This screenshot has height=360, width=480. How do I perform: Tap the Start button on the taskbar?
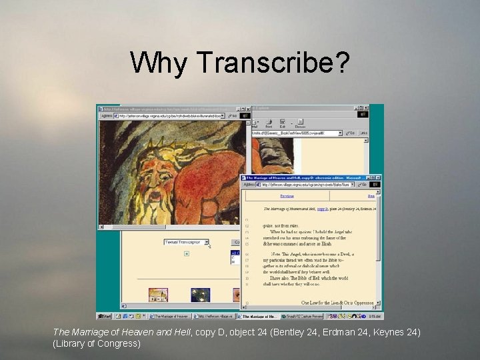[x=105, y=316]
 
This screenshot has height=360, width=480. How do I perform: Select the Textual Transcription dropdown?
[x=187, y=242]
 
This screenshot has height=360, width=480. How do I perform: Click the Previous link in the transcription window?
[x=287, y=197]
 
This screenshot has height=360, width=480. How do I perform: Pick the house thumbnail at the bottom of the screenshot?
[x=158, y=295]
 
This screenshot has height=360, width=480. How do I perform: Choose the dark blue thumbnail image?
[x=200, y=295]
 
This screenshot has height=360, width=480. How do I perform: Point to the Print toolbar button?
[x=269, y=123]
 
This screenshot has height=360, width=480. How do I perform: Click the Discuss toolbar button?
[x=300, y=123]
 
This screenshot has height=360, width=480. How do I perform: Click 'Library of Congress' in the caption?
[x=97, y=343]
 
